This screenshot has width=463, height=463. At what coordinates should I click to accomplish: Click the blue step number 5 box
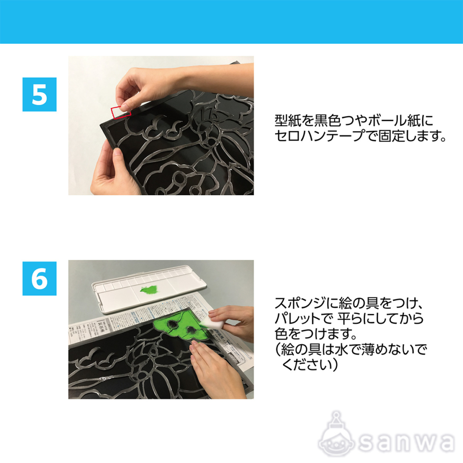tap(39, 94)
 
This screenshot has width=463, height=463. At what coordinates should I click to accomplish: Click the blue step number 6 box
tap(39, 278)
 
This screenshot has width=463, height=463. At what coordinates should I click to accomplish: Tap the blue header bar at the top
tap(231, 21)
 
